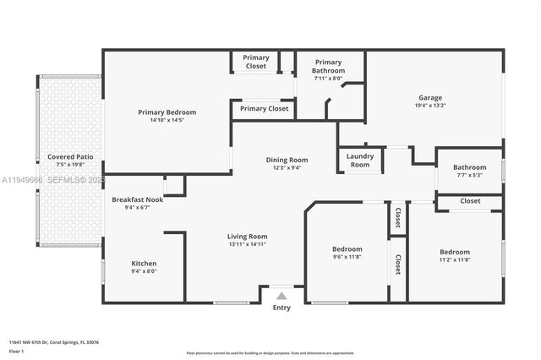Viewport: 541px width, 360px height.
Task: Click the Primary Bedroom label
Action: coord(167,112)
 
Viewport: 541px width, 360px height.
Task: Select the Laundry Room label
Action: coord(360,160)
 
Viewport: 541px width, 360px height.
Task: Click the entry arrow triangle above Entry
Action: coord(281,296)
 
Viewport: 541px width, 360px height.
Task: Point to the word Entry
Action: coord(281,308)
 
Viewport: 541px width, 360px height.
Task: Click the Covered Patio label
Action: coord(70,157)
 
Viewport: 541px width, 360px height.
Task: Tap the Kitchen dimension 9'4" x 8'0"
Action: coord(144,272)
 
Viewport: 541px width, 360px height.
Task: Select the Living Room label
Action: coord(247,236)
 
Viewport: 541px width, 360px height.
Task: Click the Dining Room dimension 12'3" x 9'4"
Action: coord(287,168)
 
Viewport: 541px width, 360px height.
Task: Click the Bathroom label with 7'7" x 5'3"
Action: coord(469,167)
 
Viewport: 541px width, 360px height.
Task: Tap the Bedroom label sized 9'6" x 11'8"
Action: coord(347,249)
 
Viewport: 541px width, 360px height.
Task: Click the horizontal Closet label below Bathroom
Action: coord(471,201)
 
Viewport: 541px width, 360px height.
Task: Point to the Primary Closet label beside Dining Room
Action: coord(264,108)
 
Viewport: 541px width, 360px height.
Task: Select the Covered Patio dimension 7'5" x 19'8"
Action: coord(70,166)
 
